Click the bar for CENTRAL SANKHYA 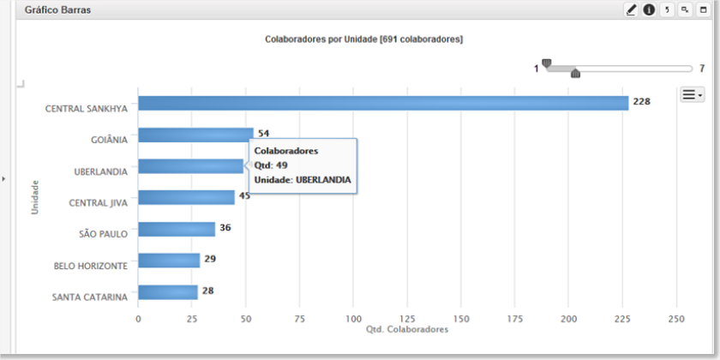point(383,103)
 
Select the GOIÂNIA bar point(195,135)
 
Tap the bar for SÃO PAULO point(177,229)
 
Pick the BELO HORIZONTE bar point(169,261)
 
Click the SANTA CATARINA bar point(168,292)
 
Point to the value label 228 point(641,102)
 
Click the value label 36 point(225,228)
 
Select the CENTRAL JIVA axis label point(98,202)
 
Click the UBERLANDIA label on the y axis point(100,171)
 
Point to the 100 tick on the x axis point(353,319)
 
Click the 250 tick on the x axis point(676,319)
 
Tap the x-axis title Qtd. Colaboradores point(407,330)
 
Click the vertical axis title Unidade point(35,197)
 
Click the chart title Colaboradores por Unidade point(321,39)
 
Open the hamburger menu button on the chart point(692,95)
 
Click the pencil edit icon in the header point(632,9)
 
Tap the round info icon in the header point(649,9)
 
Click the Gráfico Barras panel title point(58,10)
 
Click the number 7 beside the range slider point(702,69)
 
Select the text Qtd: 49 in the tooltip point(271,165)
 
